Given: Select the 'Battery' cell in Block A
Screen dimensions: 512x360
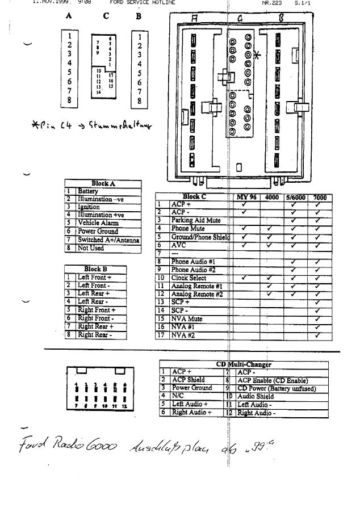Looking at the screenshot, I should [x=88, y=192].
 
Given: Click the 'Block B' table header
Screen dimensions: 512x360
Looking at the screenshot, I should [x=95, y=269].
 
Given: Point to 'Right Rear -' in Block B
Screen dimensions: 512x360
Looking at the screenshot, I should [x=94, y=335].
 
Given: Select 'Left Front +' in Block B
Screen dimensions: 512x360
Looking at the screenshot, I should [x=94, y=278].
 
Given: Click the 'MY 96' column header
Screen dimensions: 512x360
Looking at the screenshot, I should [x=246, y=198].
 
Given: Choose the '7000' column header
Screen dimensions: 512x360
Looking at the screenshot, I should [x=320, y=198].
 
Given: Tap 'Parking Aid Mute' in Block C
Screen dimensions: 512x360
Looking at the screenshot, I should [x=196, y=220].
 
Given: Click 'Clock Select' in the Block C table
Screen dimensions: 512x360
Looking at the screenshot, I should [x=189, y=278].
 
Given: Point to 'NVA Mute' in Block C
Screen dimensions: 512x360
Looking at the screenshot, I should [x=187, y=319].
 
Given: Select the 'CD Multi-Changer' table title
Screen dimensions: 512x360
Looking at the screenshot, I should [x=244, y=364].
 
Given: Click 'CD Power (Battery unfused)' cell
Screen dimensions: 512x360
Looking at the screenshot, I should [x=277, y=389].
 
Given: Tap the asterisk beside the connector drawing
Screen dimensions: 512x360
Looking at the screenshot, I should [x=257, y=55].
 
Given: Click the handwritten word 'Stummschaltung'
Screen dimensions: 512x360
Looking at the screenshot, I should [x=120, y=124].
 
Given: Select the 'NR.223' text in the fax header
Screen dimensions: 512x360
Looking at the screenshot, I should [x=271, y=3].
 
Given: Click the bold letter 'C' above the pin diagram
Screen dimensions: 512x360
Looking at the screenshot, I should [x=106, y=16].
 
